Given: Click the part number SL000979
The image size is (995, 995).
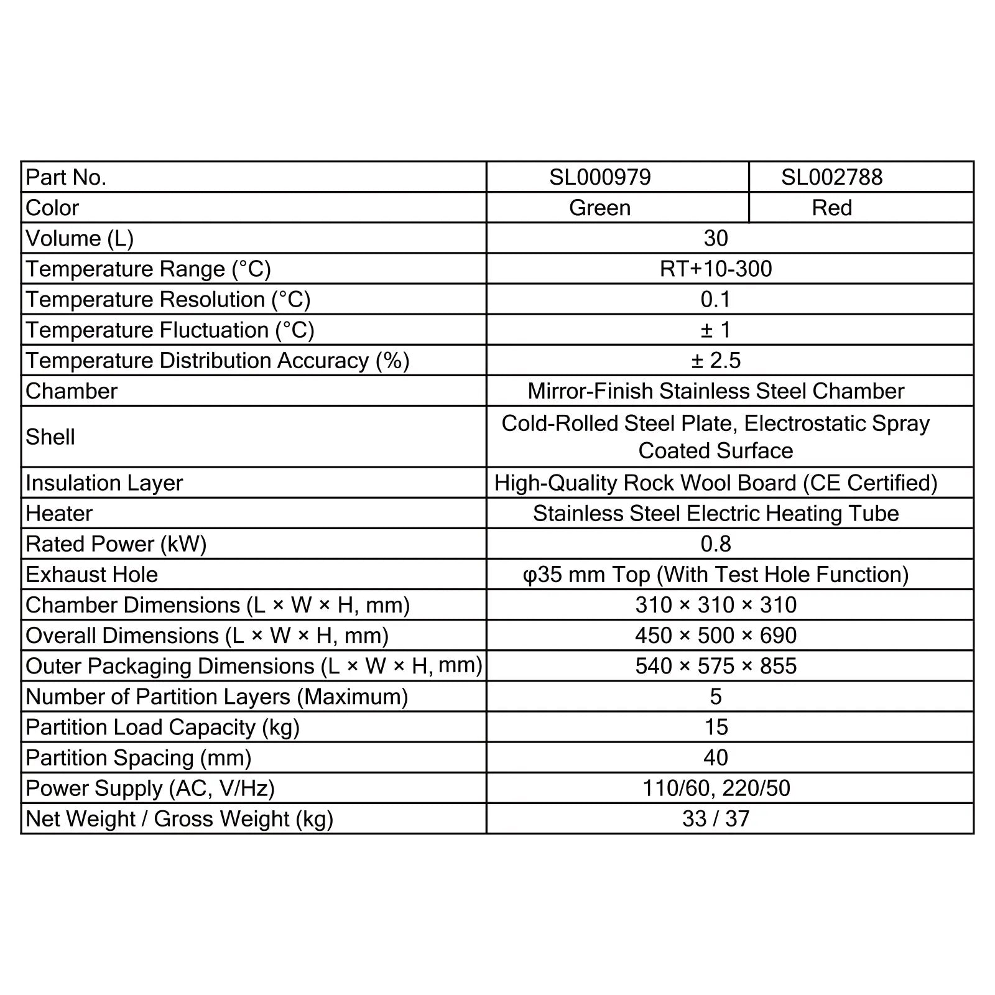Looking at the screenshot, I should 599,177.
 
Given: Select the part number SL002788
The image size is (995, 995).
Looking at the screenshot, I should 831,177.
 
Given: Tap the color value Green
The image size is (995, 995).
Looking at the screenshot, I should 599,208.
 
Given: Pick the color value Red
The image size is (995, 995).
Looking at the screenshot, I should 831,208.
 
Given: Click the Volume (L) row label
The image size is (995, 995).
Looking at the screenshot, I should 80,238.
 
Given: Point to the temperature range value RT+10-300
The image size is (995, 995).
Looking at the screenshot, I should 716,269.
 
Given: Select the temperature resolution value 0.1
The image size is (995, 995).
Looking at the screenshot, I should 716,299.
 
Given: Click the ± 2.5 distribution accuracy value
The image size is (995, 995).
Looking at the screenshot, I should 716,360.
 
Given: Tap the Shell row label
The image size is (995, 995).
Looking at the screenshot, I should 50,437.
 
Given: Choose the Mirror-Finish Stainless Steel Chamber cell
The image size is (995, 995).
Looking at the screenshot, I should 716,391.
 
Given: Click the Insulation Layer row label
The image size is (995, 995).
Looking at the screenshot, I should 104,483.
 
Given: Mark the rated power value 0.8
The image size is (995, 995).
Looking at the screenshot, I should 716,544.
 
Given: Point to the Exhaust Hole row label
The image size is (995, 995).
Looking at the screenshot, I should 92,574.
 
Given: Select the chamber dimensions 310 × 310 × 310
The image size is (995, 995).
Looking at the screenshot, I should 716,604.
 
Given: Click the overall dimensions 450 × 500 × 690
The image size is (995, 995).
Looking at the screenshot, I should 716,635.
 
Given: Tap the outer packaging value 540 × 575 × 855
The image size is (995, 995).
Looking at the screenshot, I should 716,665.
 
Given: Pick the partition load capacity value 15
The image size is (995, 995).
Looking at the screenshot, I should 716,726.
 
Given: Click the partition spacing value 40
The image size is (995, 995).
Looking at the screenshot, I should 716,757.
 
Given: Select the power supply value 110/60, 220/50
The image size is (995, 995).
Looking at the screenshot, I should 716,788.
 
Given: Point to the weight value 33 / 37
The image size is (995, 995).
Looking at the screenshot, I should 716,818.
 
